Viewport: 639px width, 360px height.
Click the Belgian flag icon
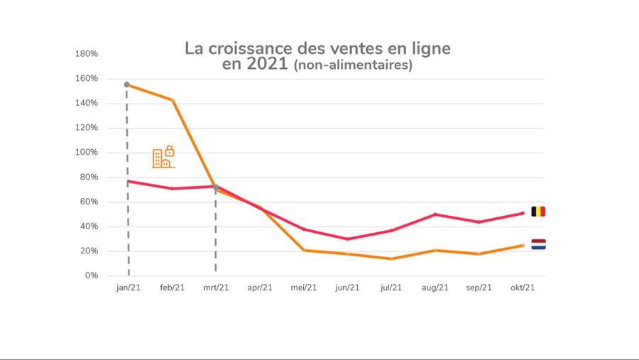(x=538, y=212)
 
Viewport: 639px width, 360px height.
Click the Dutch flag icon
(x=538, y=244)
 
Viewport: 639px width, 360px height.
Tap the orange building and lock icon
(x=163, y=157)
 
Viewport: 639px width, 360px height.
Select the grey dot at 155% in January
(x=127, y=84)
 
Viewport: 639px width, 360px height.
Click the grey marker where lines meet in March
(x=216, y=187)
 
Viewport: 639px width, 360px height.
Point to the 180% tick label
(x=87, y=54)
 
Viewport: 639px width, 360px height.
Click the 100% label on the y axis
(x=87, y=153)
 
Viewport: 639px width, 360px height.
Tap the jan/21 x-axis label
(x=128, y=288)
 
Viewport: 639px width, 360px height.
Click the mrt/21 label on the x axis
(x=216, y=288)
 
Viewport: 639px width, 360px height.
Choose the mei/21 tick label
(x=303, y=288)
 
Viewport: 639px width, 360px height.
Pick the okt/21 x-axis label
(x=523, y=288)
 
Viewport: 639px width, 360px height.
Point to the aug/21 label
(x=435, y=288)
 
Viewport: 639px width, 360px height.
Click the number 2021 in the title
(x=267, y=65)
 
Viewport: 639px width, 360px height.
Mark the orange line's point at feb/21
(x=172, y=100)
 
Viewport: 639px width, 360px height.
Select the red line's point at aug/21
(x=435, y=214)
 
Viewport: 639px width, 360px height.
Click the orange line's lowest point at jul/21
(x=391, y=258)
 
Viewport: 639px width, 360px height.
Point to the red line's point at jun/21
(x=347, y=239)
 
